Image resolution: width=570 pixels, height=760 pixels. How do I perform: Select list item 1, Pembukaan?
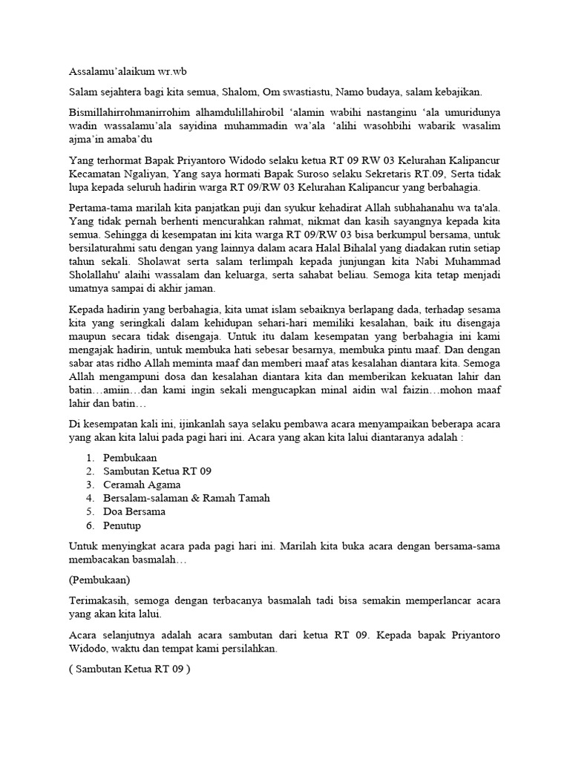click(x=130, y=458)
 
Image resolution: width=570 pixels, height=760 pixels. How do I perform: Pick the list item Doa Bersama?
click(x=134, y=511)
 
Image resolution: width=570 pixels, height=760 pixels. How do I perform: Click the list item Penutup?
click(x=122, y=525)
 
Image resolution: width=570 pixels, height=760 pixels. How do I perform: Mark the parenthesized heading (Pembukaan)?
click(x=96, y=577)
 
